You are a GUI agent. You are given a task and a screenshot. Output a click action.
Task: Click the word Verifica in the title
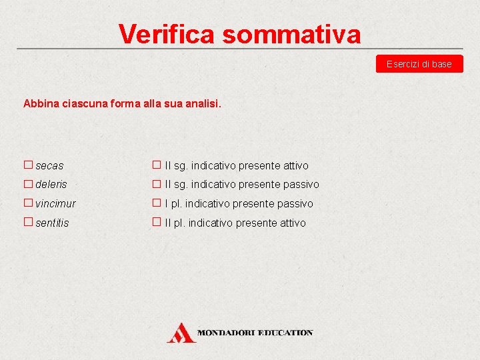pos(167,33)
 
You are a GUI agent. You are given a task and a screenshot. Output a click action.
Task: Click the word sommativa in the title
pos(291,33)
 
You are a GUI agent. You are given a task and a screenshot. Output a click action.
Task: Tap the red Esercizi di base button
pos(419,64)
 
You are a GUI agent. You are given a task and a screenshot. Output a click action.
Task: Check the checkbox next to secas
pos(28,164)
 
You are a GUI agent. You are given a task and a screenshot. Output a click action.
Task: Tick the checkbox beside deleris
pos(28,183)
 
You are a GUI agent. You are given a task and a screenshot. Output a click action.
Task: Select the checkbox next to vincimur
pos(28,203)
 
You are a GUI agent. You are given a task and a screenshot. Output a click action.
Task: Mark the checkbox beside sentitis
pos(28,222)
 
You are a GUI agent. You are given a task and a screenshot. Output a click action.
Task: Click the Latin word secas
pos(50,165)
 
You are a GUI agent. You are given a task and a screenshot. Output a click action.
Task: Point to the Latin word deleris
pos(51,185)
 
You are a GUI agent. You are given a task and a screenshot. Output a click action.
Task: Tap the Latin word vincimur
pos(56,204)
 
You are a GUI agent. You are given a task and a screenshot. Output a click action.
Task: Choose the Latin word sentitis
pos(53,223)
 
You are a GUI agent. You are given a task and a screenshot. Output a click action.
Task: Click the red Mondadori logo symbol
pos(181,332)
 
